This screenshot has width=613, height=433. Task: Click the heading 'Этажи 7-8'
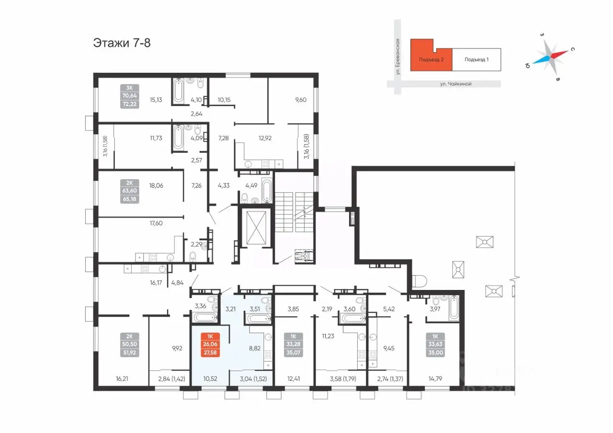tap(122, 43)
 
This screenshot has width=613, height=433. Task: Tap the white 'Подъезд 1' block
tap(477, 60)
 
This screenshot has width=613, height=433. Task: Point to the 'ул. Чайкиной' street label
tap(455, 84)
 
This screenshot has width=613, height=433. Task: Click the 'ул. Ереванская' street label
tap(397, 56)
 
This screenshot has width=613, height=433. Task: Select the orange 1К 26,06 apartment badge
tap(210, 344)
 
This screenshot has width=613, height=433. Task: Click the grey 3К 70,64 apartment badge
tap(129, 96)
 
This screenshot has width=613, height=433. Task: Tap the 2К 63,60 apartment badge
tap(129, 191)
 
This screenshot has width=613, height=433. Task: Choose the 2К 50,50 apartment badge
tap(129, 344)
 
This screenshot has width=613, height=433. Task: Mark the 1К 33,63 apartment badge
tap(435, 344)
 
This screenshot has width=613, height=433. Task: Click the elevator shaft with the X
tap(256, 227)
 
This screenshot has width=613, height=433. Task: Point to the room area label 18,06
tap(156, 186)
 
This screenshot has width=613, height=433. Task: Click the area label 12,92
tap(265, 138)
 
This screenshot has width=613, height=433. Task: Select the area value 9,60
tap(300, 100)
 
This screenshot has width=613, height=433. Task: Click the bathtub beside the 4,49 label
tap(267, 190)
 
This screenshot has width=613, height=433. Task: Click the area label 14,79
tap(435, 378)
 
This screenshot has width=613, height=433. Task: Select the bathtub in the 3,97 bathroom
tap(454, 308)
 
